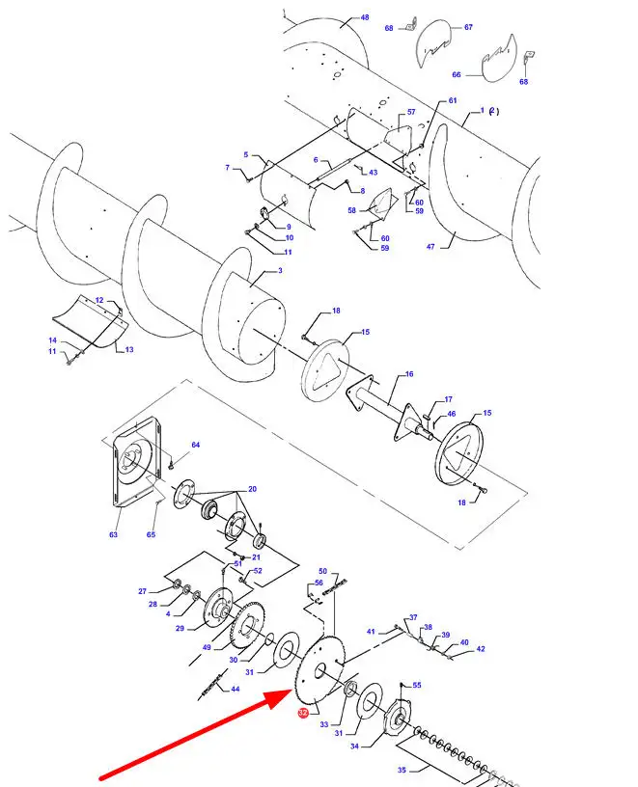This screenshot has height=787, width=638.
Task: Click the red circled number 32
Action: (x=303, y=713)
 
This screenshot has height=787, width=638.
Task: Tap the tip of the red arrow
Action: (x=292, y=692)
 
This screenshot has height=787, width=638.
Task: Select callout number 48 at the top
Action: (x=365, y=17)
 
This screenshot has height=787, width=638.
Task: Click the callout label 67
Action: (x=468, y=27)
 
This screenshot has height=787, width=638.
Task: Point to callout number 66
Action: (x=457, y=75)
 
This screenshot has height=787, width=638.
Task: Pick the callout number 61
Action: (x=453, y=100)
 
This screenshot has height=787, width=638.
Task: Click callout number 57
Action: (x=411, y=112)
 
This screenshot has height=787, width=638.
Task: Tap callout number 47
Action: (x=430, y=247)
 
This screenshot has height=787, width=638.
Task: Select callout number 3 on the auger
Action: (x=280, y=270)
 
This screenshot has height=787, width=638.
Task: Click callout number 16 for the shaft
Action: (x=409, y=374)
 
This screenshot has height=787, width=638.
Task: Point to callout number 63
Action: (x=114, y=534)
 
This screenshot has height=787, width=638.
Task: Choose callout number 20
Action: (x=252, y=489)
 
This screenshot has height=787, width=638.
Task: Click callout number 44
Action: (x=236, y=690)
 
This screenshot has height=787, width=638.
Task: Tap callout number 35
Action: (x=402, y=770)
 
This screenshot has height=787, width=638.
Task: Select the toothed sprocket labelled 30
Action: (x=247, y=628)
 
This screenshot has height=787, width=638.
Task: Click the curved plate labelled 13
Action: (x=91, y=326)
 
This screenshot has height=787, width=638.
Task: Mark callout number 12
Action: (x=99, y=300)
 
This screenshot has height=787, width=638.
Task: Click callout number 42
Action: (x=481, y=649)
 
